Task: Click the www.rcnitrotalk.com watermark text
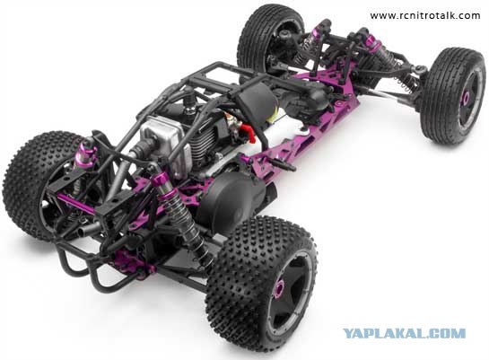pos(425,15)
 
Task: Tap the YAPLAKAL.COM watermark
pos(405,333)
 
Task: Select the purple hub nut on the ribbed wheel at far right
pos(466,98)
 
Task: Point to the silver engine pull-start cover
pos(165,142)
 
